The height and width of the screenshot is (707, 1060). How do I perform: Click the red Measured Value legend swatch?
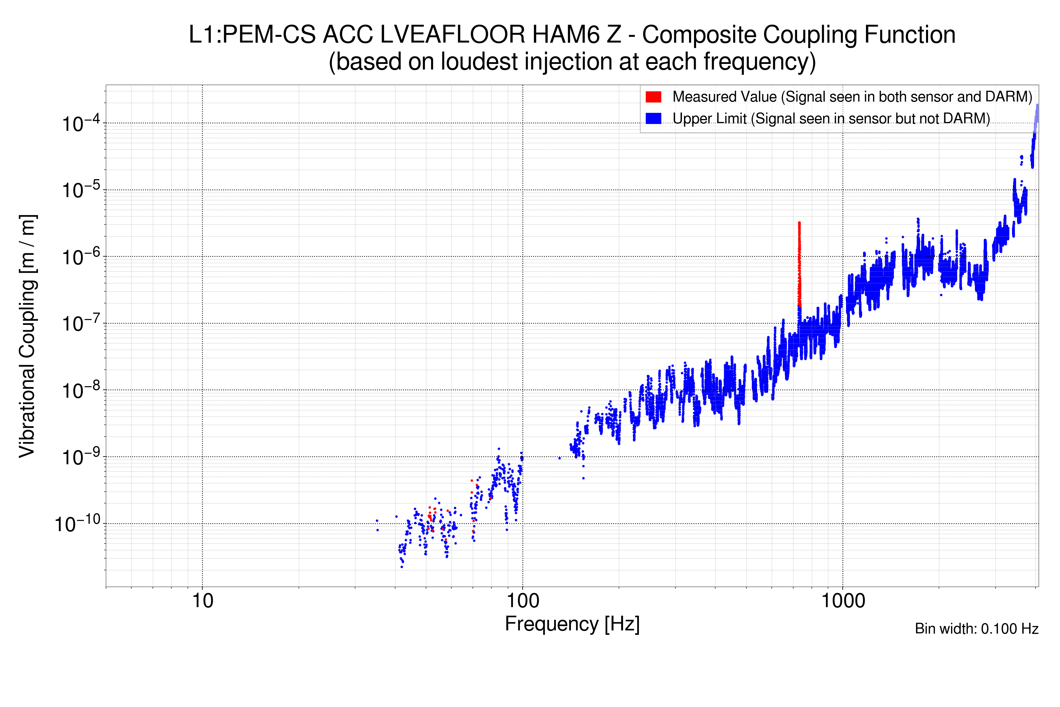[653, 97]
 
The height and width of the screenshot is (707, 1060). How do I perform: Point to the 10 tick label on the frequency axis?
[202, 601]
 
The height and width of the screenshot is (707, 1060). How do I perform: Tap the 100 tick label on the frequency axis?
[523, 601]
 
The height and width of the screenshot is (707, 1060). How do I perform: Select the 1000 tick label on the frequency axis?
[843, 601]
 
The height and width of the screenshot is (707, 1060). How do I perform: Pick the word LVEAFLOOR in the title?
[453, 35]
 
